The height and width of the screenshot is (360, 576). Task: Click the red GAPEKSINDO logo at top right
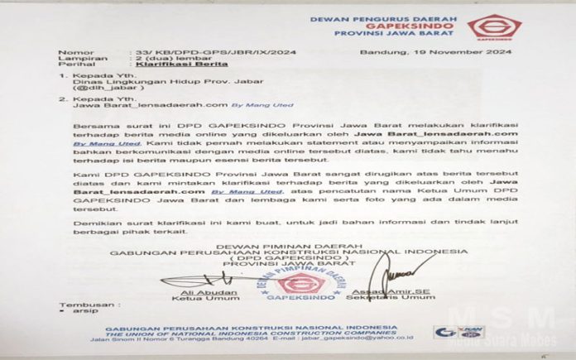tap(494, 28)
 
